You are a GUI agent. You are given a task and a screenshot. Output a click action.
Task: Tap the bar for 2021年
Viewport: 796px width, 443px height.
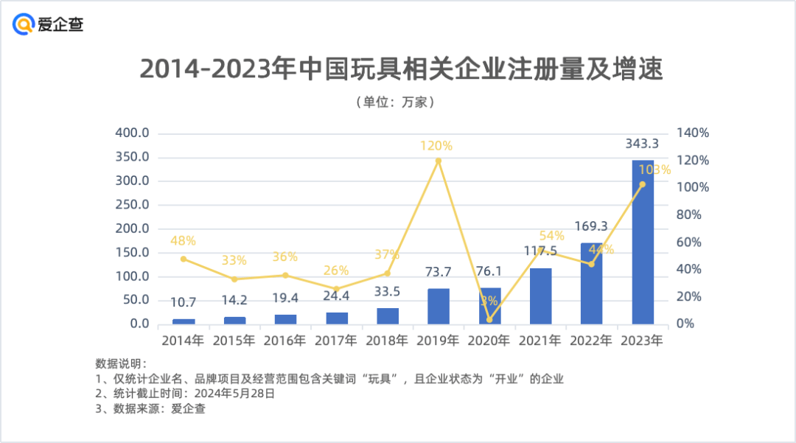click(x=540, y=296)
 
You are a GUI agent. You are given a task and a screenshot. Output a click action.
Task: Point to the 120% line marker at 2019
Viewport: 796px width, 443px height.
click(x=439, y=161)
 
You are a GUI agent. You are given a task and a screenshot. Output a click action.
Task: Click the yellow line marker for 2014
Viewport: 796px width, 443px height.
click(x=184, y=259)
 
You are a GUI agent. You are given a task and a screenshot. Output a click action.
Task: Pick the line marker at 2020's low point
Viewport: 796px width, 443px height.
click(x=489, y=320)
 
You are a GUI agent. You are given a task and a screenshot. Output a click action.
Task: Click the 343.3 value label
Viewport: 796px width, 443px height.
click(x=643, y=142)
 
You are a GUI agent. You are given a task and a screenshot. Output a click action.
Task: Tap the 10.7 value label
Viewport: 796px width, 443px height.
click(x=184, y=303)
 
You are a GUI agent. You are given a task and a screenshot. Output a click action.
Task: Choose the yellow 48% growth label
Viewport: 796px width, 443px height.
click(x=184, y=240)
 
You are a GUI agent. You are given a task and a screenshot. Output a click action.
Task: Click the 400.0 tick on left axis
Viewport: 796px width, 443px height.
click(x=133, y=133)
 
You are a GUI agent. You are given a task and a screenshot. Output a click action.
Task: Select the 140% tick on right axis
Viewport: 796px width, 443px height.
click(x=693, y=133)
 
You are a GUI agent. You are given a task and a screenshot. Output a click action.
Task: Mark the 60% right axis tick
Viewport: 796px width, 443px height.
click(x=693, y=243)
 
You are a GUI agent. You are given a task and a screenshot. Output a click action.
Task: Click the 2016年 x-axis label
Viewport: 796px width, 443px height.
click(x=285, y=341)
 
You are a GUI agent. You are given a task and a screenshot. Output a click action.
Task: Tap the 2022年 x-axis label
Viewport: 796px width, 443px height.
click(x=591, y=341)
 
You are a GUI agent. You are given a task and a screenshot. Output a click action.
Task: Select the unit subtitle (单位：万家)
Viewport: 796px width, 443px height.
click(x=399, y=102)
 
